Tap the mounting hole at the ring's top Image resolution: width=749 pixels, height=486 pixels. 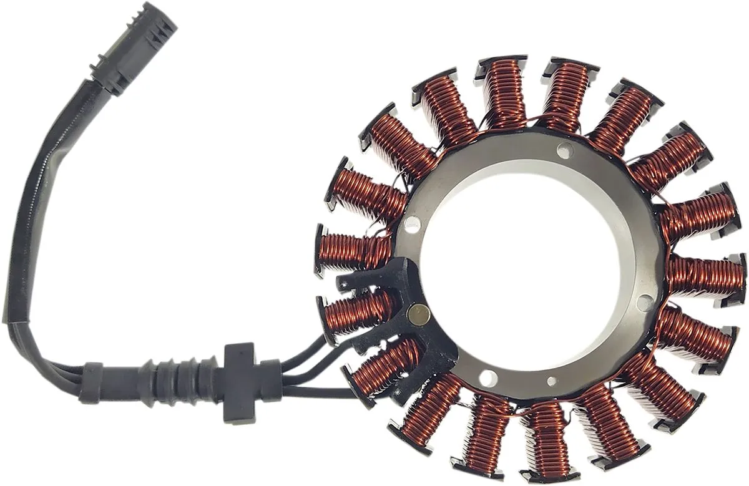[565, 150]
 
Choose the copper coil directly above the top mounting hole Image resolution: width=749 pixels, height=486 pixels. [565, 94]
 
